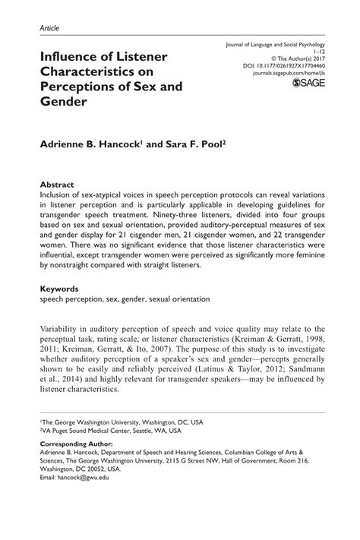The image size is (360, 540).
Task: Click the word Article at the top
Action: coord(48,28)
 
